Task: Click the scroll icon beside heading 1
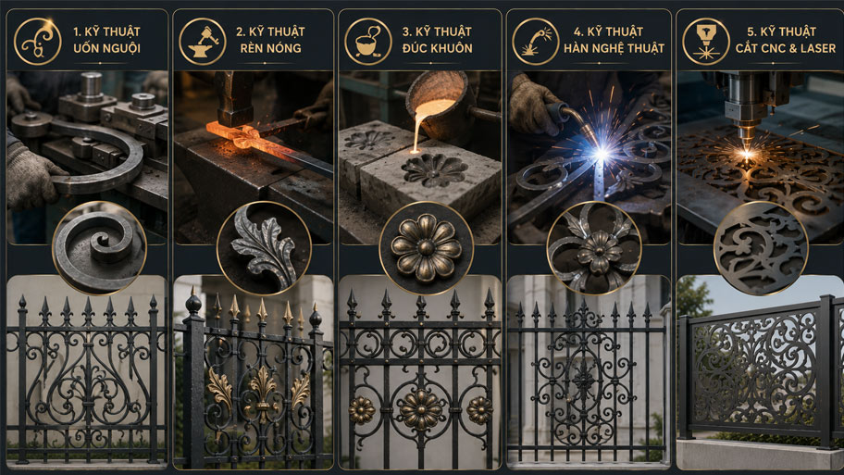pyautogui.click(x=37, y=41)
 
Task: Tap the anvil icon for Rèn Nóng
pyautogui.click(x=203, y=41)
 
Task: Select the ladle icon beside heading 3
pyautogui.click(x=368, y=41)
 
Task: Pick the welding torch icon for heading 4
pyautogui.click(x=535, y=41)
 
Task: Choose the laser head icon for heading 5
pyautogui.click(x=706, y=41)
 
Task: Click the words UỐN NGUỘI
pyautogui.click(x=106, y=48)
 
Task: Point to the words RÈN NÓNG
pyautogui.click(x=271, y=48)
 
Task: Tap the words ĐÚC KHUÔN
pyautogui.click(x=437, y=48)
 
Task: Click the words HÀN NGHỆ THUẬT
pyautogui.click(x=614, y=48)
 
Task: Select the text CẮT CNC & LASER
pyautogui.click(x=786, y=48)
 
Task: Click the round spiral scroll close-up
pyautogui.click(x=99, y=248)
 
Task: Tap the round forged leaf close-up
pyautogui.click(x=264, y=248)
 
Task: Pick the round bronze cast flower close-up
pyautogui.click(x=427, y=248)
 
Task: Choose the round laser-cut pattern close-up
pyautogui.click(x=761, y=248)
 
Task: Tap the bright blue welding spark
pyautogui.click(x=602, y=154)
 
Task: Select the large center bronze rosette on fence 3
pyautogui.click(x=421, y=410)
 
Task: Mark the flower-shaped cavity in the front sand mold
pyautogui.click(x=434, y=170)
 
